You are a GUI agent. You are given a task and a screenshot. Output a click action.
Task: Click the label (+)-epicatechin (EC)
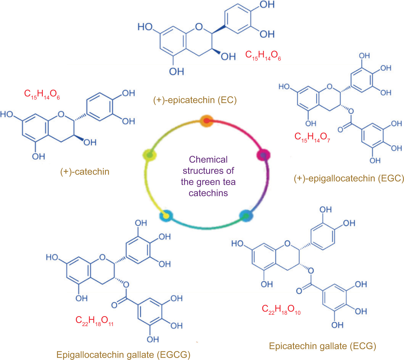[195, 100]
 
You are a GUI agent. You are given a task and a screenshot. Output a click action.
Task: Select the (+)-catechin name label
[85, 171]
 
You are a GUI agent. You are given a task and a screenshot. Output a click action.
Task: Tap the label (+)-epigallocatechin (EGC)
[349, 178]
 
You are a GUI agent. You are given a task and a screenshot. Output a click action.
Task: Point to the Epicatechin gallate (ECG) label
[322, 346]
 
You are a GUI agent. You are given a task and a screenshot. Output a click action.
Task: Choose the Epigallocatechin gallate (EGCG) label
[123, 355]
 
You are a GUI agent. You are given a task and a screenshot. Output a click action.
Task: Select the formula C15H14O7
[312, 137]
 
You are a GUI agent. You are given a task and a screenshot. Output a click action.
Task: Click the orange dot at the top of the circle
[206, 121]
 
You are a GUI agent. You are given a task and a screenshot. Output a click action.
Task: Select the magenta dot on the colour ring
[263, 155]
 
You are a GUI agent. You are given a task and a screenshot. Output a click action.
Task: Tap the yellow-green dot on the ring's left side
[150, 155]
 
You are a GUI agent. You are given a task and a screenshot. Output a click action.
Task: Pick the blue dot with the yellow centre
[166, 216]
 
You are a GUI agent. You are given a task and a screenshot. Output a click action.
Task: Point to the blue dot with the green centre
[246, 216]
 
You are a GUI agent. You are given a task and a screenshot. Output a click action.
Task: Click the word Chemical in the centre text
[208, 159]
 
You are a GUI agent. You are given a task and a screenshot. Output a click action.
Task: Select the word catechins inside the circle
[208, 193]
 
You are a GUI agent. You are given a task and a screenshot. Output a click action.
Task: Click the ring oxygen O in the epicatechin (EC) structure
[199, 27]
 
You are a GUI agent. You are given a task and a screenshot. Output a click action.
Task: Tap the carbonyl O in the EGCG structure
[114, 305]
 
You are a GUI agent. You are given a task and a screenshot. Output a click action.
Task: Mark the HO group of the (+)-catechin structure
[7, 114]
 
